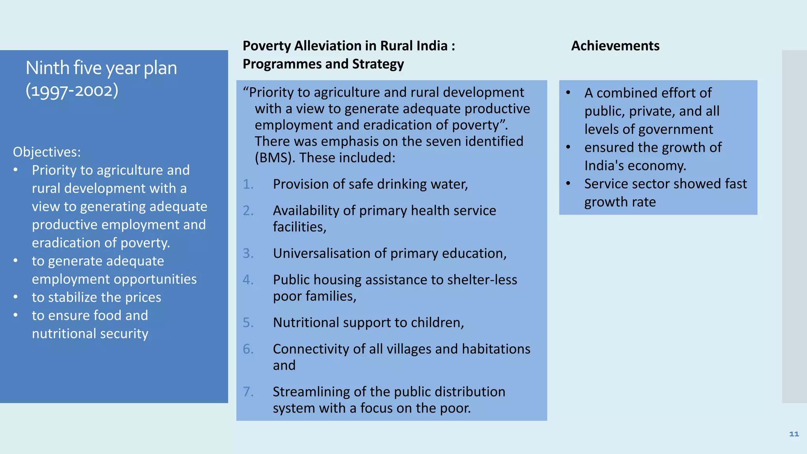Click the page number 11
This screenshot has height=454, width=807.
[x=794, y=434]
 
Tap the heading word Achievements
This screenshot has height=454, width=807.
[x=615, y=46]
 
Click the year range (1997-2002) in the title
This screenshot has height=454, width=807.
[x=72, y=91]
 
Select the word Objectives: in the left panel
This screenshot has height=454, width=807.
[x=46, y=152]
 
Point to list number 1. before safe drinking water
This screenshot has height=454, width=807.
[x=248, y=184]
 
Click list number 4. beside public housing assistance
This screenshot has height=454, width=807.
[x=248, y=280]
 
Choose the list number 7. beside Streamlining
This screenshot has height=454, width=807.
[x=248, y=392]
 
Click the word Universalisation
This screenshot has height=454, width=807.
[x=322, y=253]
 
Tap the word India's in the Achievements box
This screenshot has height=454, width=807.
[x=604, y=166]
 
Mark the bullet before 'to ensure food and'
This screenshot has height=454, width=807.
[x=15, y=315]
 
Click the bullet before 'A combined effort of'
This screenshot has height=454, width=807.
[x=568, y=93]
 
